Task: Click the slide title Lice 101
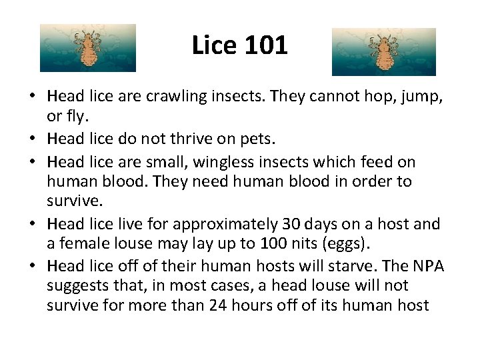(x=239, y=45)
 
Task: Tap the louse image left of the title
(x=87, y=48)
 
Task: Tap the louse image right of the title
(x=384, y=51)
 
